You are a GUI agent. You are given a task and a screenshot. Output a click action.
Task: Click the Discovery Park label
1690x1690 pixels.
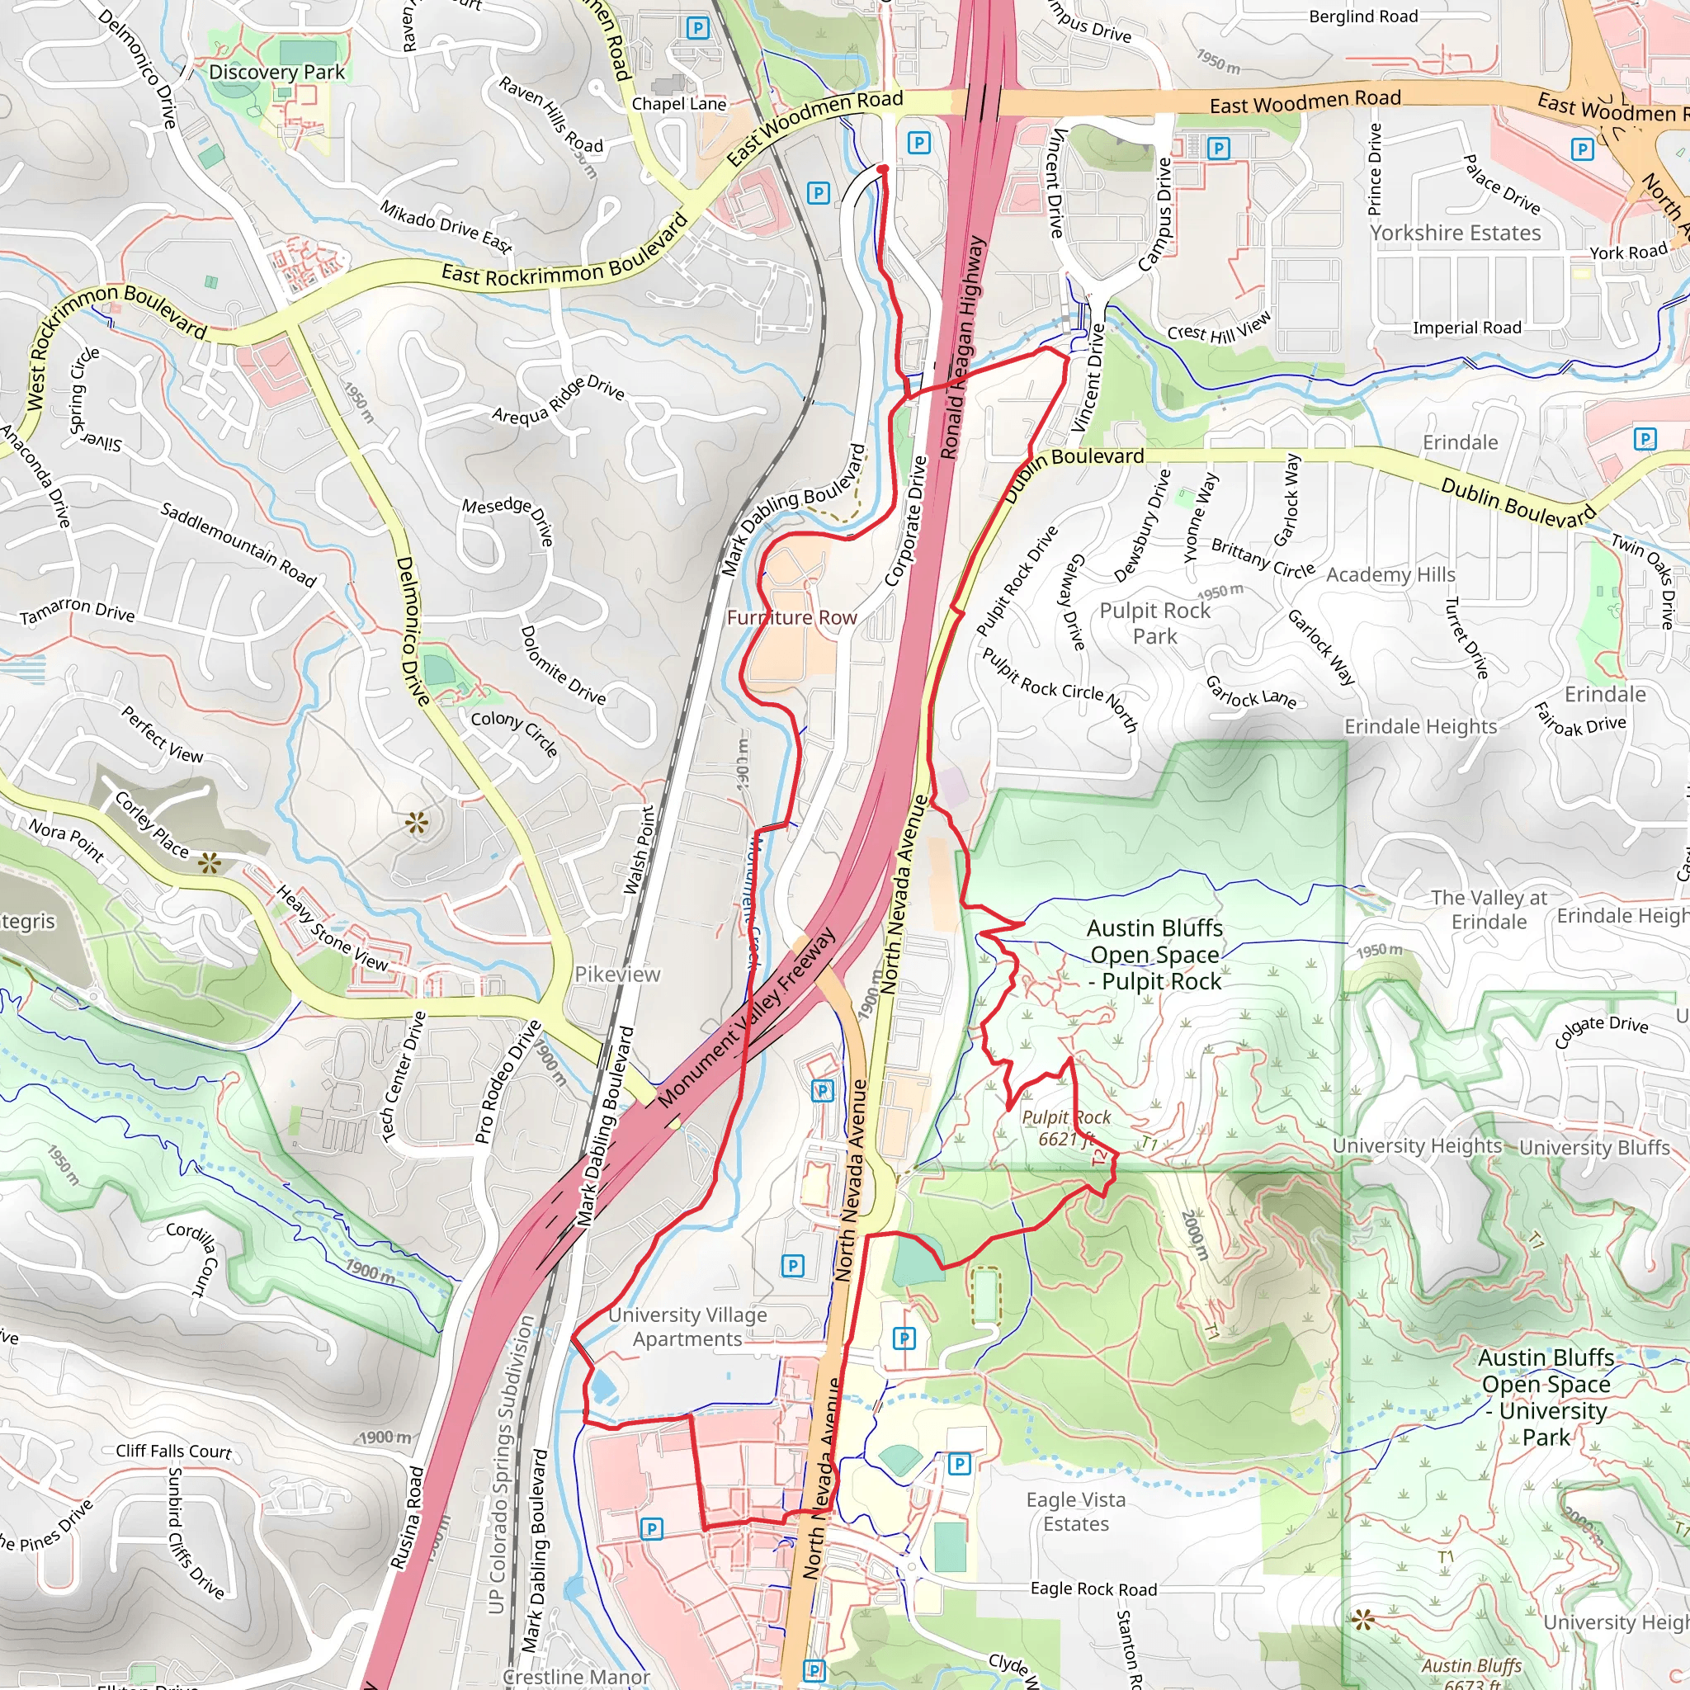click(x=276, y=73)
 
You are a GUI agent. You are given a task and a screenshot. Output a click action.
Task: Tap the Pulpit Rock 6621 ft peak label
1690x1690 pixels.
click(x=1065, y=1127)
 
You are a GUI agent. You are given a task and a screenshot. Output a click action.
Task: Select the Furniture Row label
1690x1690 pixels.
click(x=791, y=617)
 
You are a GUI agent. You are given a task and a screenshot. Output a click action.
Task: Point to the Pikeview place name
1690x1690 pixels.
click(x=616, y=974)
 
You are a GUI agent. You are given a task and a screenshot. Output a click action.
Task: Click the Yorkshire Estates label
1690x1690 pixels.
click(x=1455, y=233)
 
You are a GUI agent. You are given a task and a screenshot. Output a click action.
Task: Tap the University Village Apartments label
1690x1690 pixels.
click(x=687, y=1326)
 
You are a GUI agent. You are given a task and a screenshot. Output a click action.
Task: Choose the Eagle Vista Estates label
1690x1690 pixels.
click(x=1075, y=1512)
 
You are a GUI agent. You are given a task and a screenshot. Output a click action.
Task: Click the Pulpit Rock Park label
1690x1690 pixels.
click(x=1154, y=623)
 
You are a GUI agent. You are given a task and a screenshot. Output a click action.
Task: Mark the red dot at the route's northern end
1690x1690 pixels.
click(x=883, y=169)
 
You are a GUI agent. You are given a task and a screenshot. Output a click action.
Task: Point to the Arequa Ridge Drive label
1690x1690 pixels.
click(x=558, y=400)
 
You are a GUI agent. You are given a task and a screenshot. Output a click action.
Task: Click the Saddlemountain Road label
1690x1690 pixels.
click(x=237, y=543)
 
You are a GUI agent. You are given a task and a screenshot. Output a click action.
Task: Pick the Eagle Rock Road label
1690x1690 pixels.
click(x=1093, y=1589)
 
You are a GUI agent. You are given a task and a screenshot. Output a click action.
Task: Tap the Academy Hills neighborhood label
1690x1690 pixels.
click(x=1390, y=574)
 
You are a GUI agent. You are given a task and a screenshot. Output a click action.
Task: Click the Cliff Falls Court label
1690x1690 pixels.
click(x=174, y=1451)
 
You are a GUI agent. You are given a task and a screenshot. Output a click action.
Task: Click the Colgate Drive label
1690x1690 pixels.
click(x=1601, y=1031)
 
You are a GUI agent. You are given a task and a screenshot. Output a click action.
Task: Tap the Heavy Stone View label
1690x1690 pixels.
click(x=332, y=928)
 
